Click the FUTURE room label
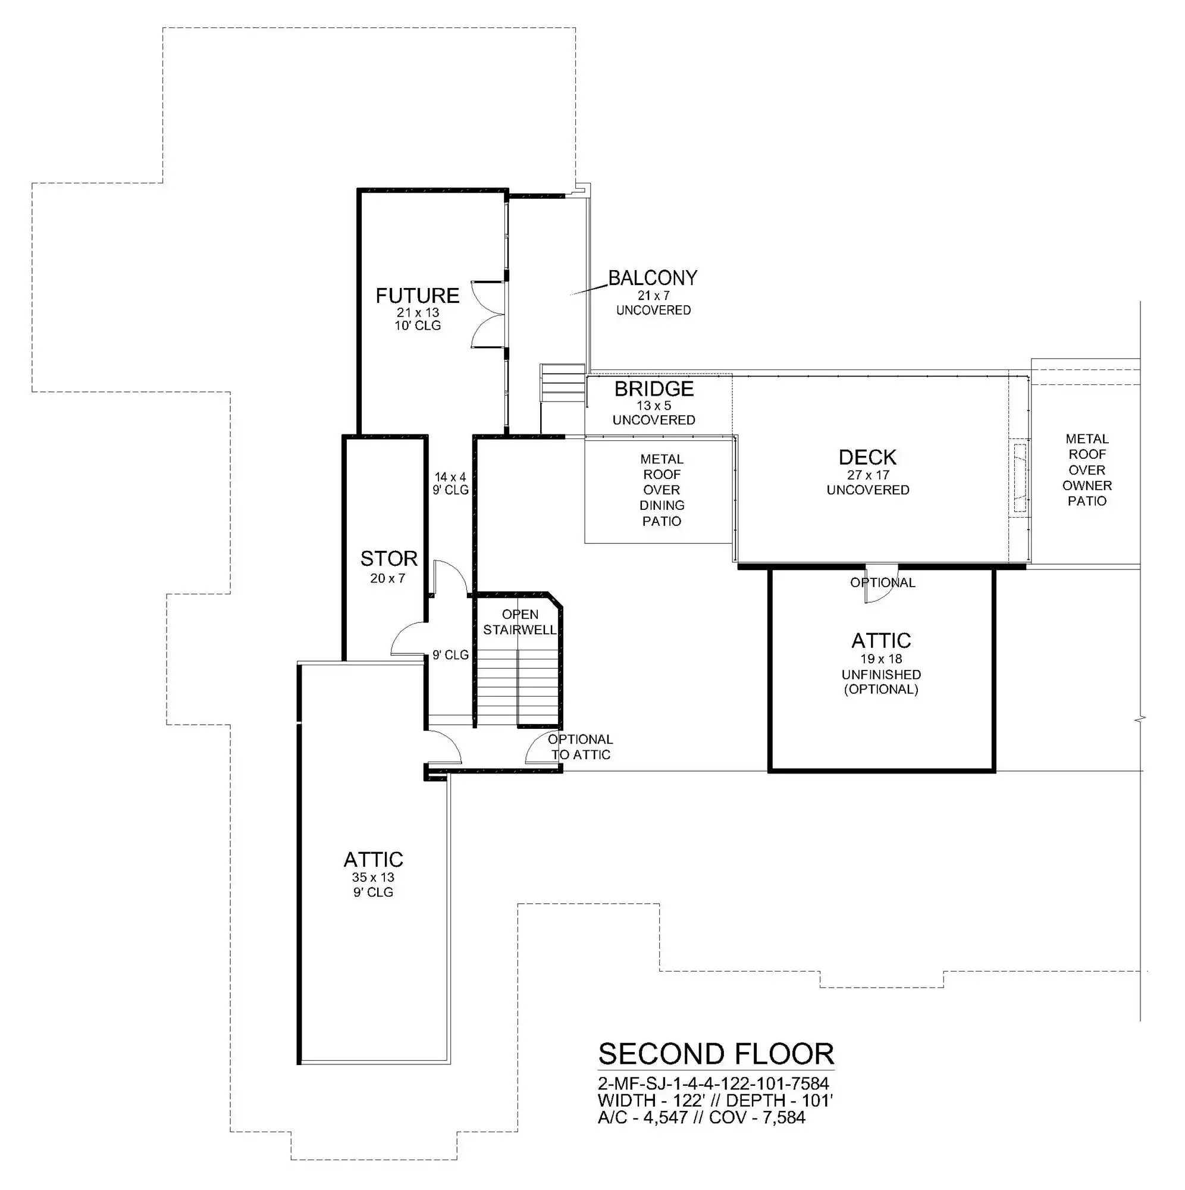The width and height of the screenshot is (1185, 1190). point(418,296)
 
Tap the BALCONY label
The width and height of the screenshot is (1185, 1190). point(653,278)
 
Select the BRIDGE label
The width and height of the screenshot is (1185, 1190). point(654,389)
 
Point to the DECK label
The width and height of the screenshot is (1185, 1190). point(868,457)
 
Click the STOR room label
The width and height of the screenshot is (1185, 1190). point(388,559)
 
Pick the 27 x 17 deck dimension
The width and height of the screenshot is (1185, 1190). point(869,475)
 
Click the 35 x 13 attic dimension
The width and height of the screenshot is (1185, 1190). point(373,877)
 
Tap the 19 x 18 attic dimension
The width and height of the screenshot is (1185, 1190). point(882,659)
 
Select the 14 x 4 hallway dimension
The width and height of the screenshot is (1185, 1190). point(450,477)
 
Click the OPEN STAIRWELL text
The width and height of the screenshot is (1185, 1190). point(520,622)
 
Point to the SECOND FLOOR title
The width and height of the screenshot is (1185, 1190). point(716,1054)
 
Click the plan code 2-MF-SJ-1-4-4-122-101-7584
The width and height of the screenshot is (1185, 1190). point(713,1083)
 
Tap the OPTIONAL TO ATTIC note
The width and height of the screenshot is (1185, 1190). point(581,747)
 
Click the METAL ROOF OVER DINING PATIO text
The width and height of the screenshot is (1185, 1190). point(662,490)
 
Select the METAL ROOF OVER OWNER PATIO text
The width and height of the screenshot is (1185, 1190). point(1087,470)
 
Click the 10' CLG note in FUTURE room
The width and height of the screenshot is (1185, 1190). point(418,325)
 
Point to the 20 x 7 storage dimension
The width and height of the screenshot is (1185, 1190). point(387,578)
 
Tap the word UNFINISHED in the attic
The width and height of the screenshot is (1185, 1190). point(882,675)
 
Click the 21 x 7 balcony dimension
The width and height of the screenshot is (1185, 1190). point(653,296)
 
